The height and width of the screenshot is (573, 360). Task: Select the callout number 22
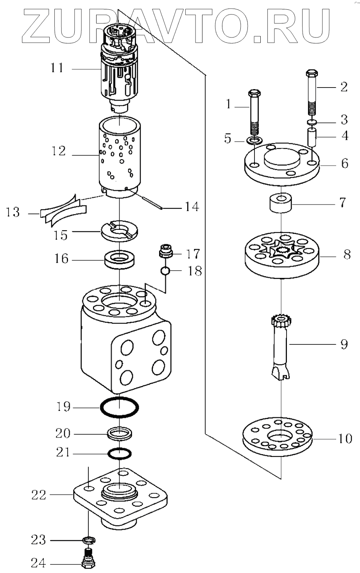tap(39, 495)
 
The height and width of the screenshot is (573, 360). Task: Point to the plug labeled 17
tap(167, 251)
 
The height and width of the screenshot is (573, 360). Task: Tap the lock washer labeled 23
tap(90, 541)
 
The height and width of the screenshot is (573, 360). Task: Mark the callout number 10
tap(344, 439)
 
